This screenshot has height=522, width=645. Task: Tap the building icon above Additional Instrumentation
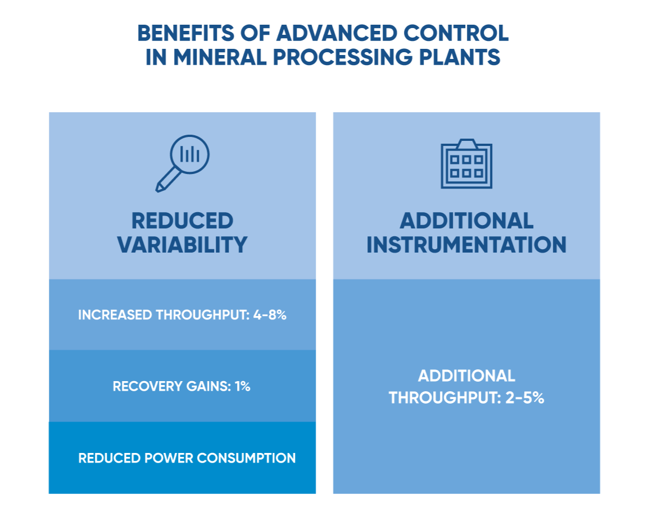click(466, 163)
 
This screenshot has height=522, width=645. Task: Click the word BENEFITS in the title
click(185, 33)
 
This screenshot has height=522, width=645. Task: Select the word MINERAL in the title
click(220, 57)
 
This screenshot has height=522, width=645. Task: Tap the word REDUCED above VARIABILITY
click(182, 221)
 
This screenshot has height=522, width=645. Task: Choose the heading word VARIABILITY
click(182, 245)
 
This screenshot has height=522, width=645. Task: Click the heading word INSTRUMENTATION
click(466, 245)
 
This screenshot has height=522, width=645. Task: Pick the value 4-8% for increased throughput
click(270, 315)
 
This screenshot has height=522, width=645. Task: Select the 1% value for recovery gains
click(243, 386)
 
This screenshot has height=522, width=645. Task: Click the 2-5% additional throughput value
click(525, 398)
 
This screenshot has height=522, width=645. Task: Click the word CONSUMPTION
click(247, 458)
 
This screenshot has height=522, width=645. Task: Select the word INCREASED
click(115, 315)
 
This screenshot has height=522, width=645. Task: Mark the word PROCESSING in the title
click(342, 57)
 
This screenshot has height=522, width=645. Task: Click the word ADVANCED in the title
click(337, 33)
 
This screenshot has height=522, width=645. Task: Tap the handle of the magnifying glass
click(168, 181)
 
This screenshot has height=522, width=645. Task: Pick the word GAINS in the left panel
click(208, 386)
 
